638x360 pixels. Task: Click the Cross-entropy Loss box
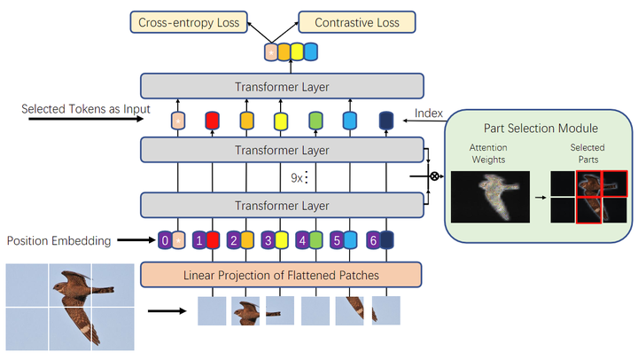click(188, 22)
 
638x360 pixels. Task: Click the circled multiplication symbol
click(434, 176)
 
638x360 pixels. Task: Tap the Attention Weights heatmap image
click(490, 196)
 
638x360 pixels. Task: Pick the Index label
click(429, 113)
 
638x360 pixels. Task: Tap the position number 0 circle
click(165, 240)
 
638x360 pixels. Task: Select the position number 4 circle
click(302, 240)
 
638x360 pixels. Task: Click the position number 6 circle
click(371, 240)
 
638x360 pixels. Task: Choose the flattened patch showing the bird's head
click(245, 311)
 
